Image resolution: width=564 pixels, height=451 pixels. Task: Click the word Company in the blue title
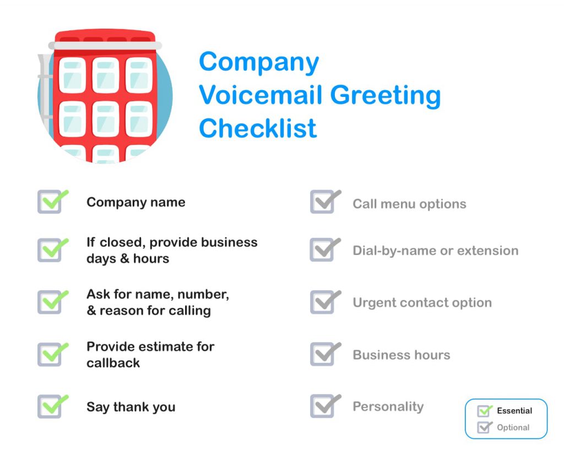258,63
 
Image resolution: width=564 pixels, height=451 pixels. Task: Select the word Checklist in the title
258,128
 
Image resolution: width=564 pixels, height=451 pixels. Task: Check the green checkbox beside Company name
50,202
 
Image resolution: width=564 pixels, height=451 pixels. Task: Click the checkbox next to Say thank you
50,407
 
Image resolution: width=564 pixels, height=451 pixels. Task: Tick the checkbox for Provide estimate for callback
50,355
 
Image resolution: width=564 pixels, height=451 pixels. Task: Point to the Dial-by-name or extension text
435,251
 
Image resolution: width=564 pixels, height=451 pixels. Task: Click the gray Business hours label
401,355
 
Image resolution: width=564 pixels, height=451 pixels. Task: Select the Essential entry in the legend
514,411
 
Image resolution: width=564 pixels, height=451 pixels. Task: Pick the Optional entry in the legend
513,427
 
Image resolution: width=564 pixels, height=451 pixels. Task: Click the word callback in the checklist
113,363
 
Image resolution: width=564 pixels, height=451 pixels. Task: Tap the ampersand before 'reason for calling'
91,311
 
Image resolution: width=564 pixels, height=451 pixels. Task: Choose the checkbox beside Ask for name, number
50,302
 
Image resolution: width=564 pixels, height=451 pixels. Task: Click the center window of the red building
105,118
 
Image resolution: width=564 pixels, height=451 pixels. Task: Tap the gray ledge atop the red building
105,46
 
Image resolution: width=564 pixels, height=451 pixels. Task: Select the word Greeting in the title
385,95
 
